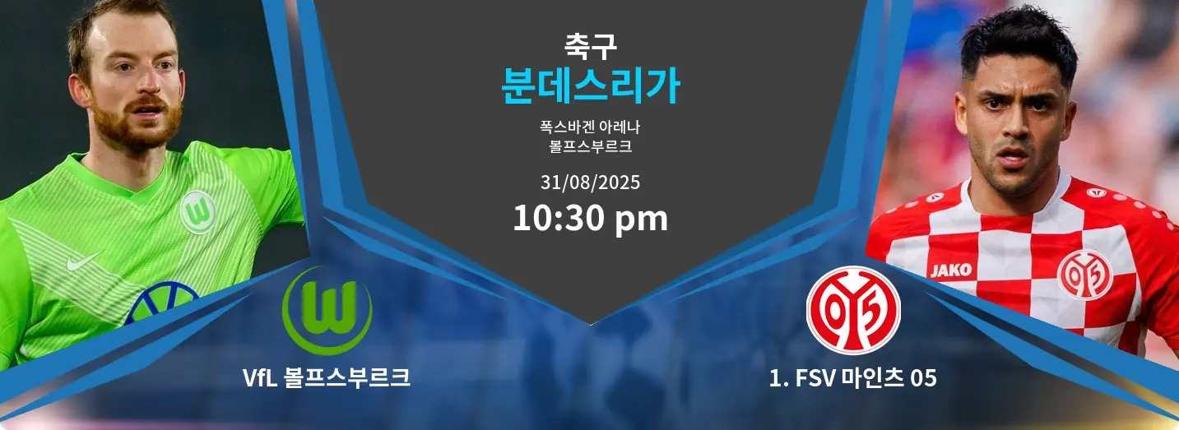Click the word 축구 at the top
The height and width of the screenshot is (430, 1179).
(x=590, y=46)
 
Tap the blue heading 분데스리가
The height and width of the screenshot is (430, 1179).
(x=590, y=86)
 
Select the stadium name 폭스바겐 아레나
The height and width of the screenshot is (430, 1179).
(x=590, y=127)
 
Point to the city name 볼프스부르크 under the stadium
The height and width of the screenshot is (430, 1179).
(x=590, y=146)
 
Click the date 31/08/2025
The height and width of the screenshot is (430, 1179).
(x=590, y=183)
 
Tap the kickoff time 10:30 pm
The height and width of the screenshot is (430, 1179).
(x=590, y=218)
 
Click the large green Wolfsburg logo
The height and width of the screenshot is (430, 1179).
(x=327, y=310)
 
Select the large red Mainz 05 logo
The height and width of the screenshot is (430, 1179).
(x=853, y=310)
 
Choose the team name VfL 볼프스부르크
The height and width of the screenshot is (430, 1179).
(x=327, y=378)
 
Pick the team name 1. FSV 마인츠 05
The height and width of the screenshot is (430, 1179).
(x=852, y=378)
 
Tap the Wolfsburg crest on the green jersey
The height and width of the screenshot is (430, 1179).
(x=198, y=212)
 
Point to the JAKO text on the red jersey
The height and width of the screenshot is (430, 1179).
(x=950, y=270)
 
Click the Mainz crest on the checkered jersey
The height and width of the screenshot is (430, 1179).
(x=1085, y=275)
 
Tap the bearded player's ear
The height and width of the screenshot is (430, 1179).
(x=81, y=90)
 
